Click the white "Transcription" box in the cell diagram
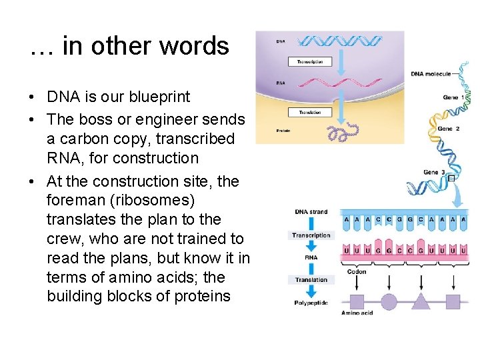305,62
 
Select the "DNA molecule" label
431,74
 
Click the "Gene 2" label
448,129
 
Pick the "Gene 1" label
453,97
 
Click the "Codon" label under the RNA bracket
357,272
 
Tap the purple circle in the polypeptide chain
389,301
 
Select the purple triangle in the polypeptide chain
421,301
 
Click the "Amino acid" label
357,313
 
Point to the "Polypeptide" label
311,303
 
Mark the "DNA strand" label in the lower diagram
311,212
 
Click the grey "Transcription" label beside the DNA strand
311,235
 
